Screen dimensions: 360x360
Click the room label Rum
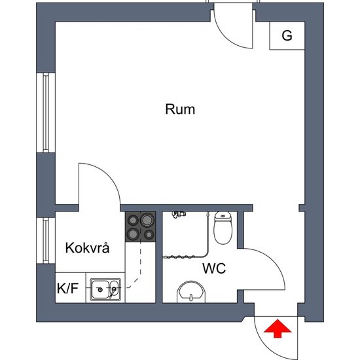180,109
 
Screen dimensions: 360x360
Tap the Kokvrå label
87,247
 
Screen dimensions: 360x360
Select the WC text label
214,268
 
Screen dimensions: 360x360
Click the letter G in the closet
287,35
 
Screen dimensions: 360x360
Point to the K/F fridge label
67,289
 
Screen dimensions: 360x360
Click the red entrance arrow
278,329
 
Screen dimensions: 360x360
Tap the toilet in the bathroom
223,228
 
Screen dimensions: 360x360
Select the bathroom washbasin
190,292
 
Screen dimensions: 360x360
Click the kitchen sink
105,289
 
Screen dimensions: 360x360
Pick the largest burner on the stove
147,220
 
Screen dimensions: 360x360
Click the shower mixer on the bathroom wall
179,215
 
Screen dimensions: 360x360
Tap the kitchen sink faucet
113,291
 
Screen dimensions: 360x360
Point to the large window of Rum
46,113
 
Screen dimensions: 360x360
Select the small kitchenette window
46,240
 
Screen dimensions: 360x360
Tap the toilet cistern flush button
223,216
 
